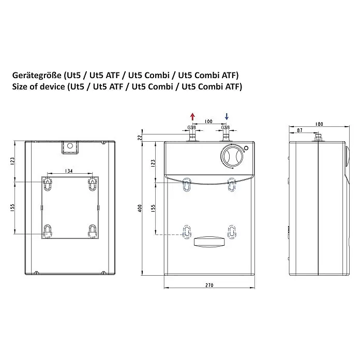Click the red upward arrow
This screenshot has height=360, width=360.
tap(192, 117)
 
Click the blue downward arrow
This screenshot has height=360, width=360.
tap(227, 116)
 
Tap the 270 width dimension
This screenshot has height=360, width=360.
tap(209, 285)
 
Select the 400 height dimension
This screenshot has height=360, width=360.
tap(140, 208)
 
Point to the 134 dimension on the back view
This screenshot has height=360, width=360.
tap(69, 171)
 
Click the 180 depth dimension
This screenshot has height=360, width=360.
tap(319, 124)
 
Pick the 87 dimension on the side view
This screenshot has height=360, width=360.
tap(300, 130)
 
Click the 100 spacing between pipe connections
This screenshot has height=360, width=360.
tap(208, 121)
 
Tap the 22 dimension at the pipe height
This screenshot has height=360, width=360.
tap(140, 137)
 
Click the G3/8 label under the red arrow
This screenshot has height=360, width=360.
tap(192, 127)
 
